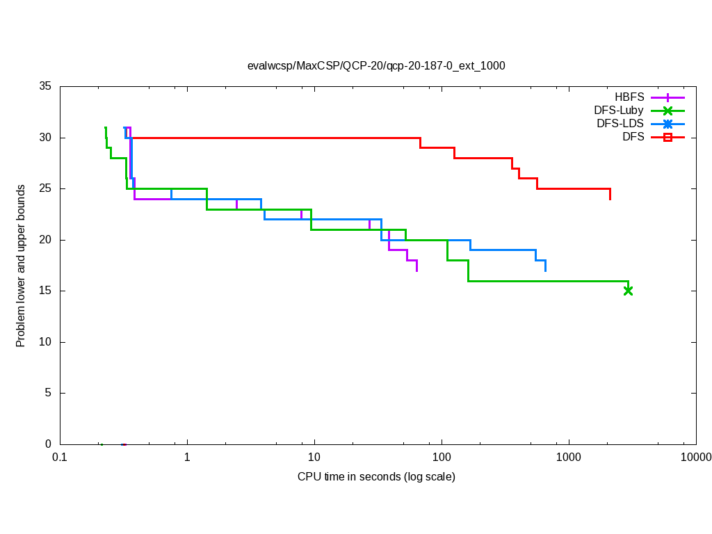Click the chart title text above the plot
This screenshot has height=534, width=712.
coord(376,66)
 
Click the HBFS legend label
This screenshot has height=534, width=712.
coord(629,97)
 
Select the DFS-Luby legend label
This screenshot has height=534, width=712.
coord(619,111)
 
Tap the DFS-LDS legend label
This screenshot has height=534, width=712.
coord(620,124)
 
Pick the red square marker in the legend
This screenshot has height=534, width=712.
coord(667,137)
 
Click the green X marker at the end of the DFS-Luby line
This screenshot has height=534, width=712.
coord(629,291)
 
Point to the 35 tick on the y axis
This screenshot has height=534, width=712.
coord(46,87)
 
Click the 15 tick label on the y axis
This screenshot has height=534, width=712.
coord(46,291)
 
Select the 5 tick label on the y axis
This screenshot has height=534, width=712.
coord(49,394)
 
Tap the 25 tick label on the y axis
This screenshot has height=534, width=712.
coord(46,189)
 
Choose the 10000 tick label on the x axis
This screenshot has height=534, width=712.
coord(695,458)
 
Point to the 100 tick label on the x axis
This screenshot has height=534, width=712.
coord(442,458)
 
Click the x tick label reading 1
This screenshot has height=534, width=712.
coord(187,458)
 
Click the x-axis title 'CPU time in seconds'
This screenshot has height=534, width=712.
coord(376,477)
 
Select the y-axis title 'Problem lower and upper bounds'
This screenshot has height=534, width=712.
coord(22,266)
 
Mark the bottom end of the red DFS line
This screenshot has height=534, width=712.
coord(610,200)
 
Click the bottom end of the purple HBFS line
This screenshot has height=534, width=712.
coord(416,270)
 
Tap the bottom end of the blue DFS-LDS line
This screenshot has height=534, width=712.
coord(545,270)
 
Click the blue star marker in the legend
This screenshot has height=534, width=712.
coord(667,124)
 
